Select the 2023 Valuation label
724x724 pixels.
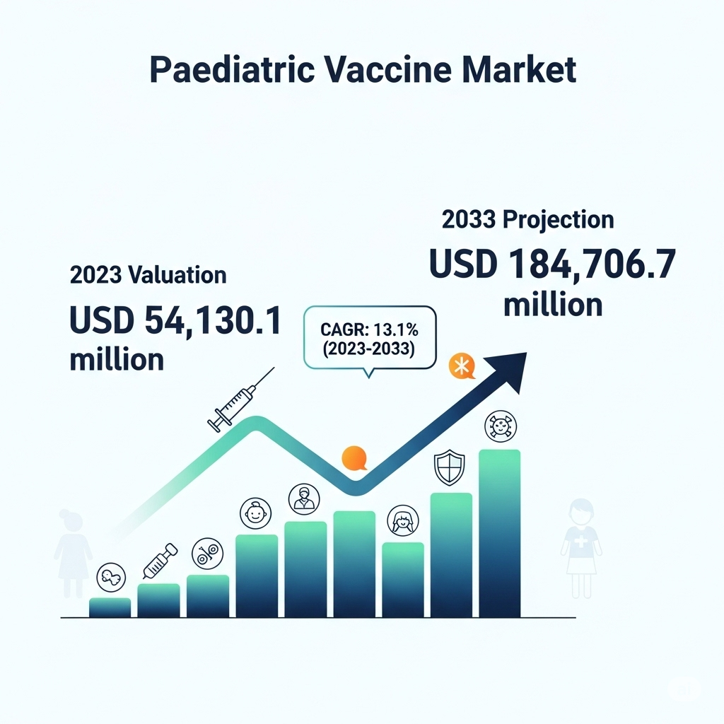coord(148,275)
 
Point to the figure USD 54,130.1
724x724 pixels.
coord(175,320)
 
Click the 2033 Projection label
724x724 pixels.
coord(527,220)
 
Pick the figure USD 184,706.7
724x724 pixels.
coord(552,264)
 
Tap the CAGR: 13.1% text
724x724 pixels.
coord(369,329)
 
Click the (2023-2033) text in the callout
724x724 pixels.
coord(368,348)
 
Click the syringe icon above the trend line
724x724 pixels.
coord(240,400)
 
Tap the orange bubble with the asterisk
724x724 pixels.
coord(462,367)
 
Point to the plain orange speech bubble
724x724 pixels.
coord(355,458)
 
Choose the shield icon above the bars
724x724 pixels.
coord(449,467)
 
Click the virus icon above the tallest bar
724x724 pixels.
coord(501,426)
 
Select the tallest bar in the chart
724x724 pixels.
coord(500,533)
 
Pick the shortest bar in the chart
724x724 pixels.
coord(110,607)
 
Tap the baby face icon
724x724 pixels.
coord(255,513)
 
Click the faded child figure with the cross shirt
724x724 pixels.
coord(581,548)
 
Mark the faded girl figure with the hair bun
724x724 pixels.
coord(73,553)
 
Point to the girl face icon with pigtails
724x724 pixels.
coord(402,520)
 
